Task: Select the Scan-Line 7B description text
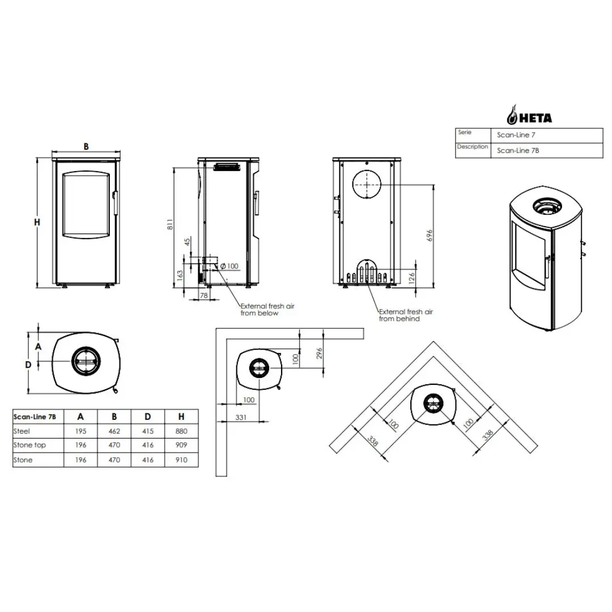[x=517, y=151]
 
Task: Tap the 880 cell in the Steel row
[x=181, y=431]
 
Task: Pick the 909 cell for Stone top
[x=181, y=445]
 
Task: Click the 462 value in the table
[x=114, y=431]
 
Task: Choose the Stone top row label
[x=29, y=445]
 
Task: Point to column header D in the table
[x=147, y=417]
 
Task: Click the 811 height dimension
[x=170, y=224]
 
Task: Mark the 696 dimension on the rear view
[x=430, y=235]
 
